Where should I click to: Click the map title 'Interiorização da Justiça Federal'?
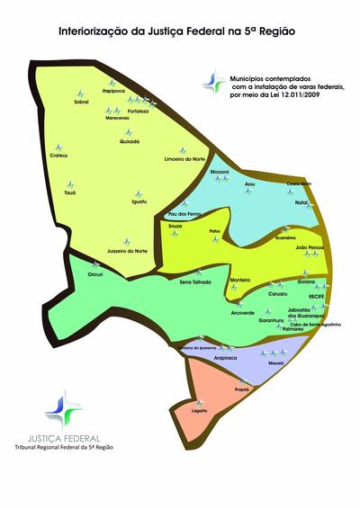pos(175,30)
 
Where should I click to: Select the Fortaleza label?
pos(137,111)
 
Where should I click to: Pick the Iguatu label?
pos(139,201)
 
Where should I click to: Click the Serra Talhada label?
pos(195,281)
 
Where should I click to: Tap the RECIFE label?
pos(315,295)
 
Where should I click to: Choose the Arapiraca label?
pos(226,357)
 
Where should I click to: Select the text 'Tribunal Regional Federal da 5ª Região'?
pos(63,446)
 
